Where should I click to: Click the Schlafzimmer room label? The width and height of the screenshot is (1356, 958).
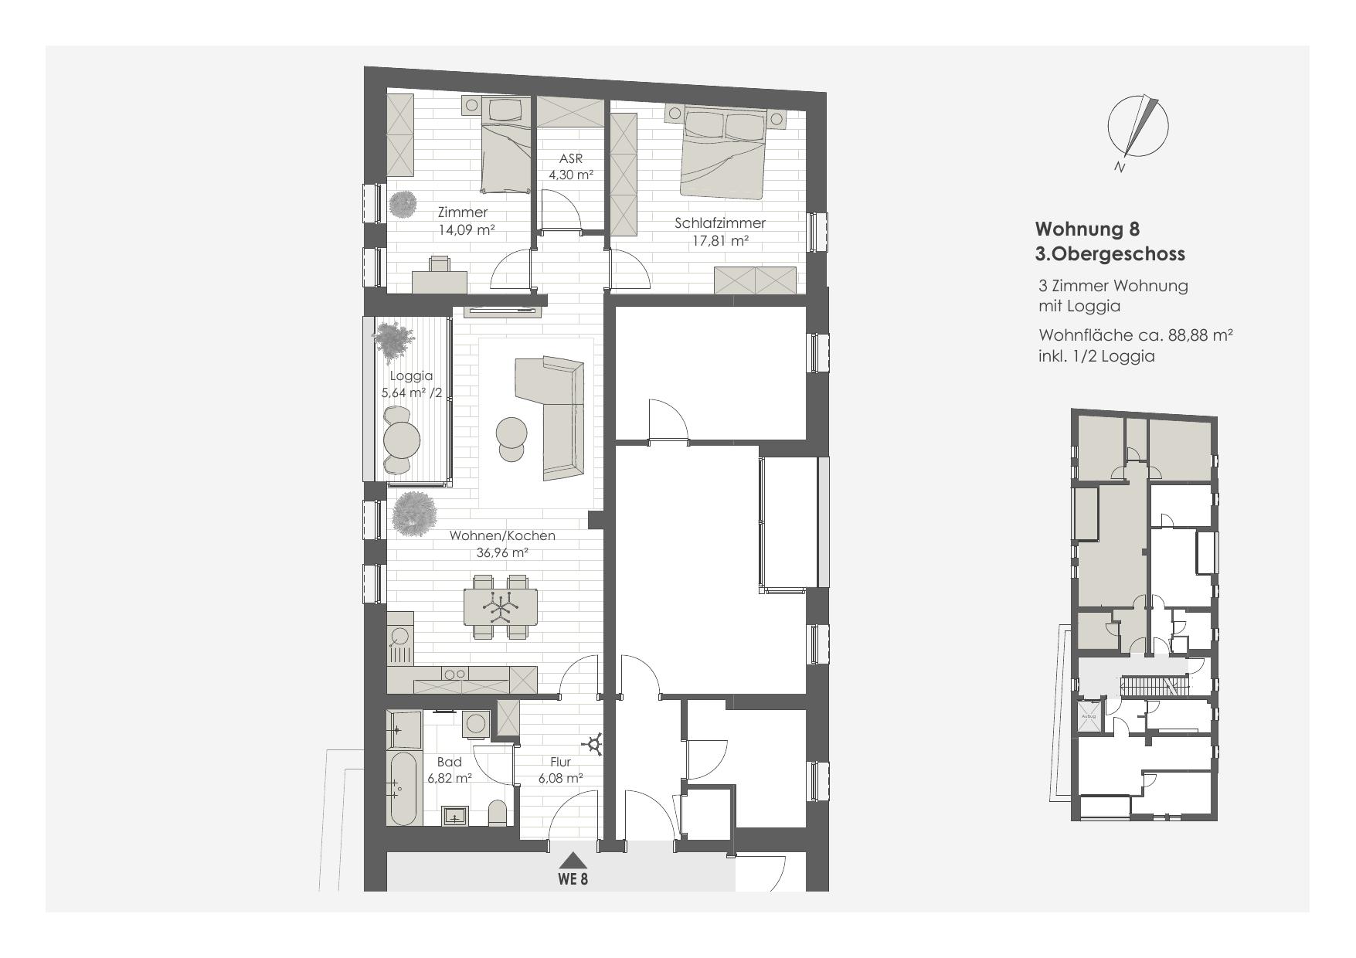point(719,223)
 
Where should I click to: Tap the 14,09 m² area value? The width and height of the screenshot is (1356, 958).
point(466,229)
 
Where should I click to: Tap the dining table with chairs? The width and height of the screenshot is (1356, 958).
point(500,606)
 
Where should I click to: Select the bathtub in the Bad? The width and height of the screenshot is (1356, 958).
point(403,788)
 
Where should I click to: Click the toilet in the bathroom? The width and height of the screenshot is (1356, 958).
point(498,813)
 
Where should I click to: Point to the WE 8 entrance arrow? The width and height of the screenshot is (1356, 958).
point(573,860)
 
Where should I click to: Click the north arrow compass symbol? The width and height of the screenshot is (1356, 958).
point(1137,127)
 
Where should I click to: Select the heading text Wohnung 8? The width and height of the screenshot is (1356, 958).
point(1086,229)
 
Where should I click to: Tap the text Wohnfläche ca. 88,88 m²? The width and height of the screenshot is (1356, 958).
point(1135,335)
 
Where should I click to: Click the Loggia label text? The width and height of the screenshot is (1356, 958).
point(411,376)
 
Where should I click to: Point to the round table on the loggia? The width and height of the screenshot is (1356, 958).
point(402,440)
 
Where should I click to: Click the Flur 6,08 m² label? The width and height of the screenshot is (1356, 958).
point(560,770)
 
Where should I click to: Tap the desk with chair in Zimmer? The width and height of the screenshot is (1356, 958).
point(440,277)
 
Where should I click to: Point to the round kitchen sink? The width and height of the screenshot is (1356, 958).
point(399,636)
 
